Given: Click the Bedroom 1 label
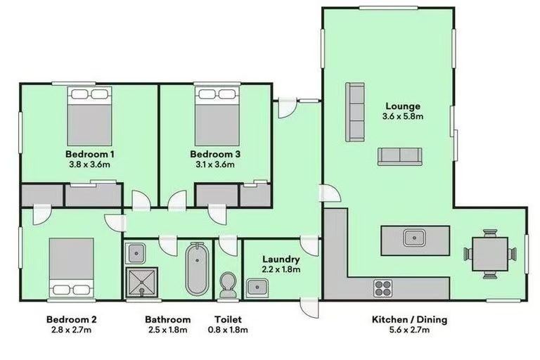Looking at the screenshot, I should (x=90, y=154).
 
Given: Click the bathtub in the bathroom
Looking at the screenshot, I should (x=195, y=271).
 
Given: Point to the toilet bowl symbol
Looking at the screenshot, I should (x=227, y=285).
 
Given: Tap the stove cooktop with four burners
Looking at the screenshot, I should (x=383, y=287).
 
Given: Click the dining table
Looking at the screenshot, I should (x=490, y=252).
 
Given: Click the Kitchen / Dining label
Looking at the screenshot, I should (x=409, y=320).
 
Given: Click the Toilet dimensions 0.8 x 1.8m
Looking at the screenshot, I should (x=227, y=330).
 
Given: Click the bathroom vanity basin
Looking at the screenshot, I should (x=137, y=252).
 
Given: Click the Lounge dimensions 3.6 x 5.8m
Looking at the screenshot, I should (x=403, y=116).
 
